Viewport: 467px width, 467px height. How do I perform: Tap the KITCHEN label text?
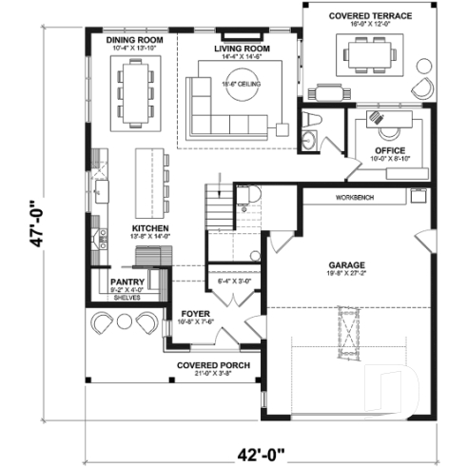[150, 229]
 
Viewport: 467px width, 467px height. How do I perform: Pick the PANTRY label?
[126, 282]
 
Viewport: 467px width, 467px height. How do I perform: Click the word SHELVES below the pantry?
[126, 298]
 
